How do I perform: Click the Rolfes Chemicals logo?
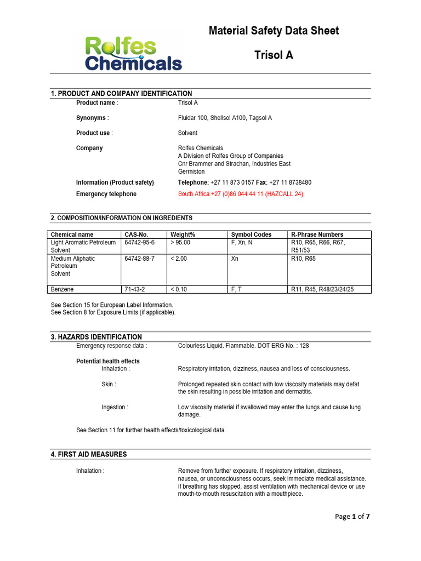click(x=133, y=53)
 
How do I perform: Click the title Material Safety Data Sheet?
click(x=274, y=31)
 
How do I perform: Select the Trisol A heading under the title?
click(x=274, y=55)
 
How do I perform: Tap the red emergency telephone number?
click(x=240, y=194)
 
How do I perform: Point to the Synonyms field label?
click(x=92, y=118)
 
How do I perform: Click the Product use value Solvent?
click(x=187, y=133)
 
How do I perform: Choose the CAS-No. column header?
click(x=136, y=234)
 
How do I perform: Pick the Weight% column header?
click(x=183, y=234)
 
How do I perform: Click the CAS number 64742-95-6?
click(x=139, y=242)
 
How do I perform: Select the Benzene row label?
click(x=62, y=289)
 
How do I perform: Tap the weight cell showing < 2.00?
click(x=179, y=259)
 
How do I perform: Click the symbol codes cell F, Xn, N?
click(x=242, y=242)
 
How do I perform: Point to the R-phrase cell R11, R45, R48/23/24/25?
click(x=322, y=289)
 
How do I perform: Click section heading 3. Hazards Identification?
click(x=96, y=337)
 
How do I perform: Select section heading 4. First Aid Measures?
click(x=89, y=454)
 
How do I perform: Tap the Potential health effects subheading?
click(x=107, y=361)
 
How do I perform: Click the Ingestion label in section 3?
click(x=115, y=407)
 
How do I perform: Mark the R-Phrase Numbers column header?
click(x=317, y=234)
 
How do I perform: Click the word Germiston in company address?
click(x=191, y=171)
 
